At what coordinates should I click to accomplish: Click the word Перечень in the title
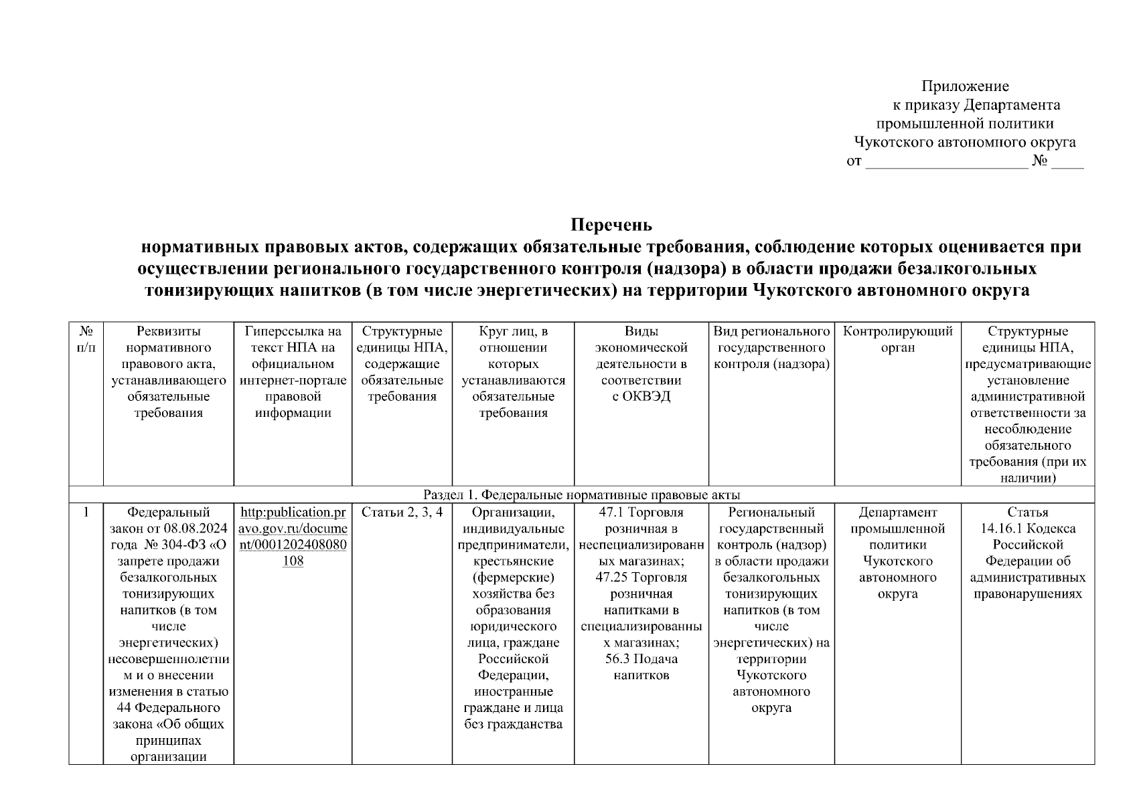pos(611,224)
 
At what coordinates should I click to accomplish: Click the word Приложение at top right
pos(965,86)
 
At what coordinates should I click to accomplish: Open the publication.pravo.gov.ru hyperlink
pos(293,537)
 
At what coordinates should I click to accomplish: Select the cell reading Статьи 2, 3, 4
pos(402,513)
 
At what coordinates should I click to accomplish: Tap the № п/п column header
pos(86,339)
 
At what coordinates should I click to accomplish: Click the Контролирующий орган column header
pos(897,339)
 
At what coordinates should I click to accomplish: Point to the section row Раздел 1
pos(581,495)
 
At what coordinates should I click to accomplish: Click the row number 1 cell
pos(86,513)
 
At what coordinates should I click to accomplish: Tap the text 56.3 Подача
pos(641,659)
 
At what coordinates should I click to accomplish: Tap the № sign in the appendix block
pos(1040,161)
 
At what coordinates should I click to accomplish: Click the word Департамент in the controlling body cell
pos(897,513)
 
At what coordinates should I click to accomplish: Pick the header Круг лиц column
pos(513,371)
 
